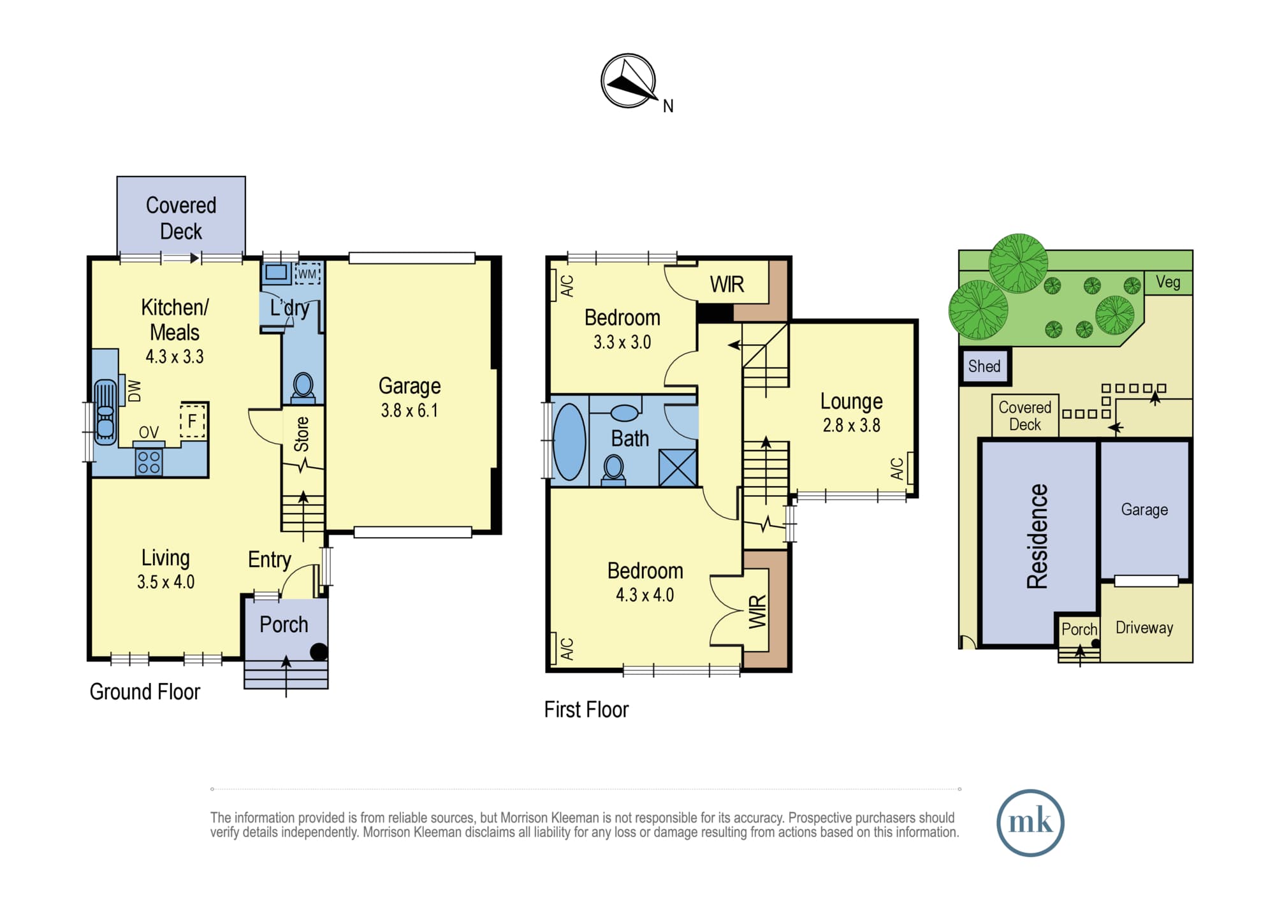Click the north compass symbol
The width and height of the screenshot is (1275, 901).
pos(629,81)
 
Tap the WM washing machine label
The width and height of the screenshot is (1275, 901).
pos(307,274)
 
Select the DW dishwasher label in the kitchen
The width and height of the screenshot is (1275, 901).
pos(135,391)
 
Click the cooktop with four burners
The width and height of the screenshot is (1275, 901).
pos(149,463)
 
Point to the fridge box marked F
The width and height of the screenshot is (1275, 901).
pos(193,421)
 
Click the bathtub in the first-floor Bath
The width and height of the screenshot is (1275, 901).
pos(569,442)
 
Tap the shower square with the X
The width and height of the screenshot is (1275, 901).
pos(678,468)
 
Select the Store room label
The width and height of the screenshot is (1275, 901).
pos(302,435)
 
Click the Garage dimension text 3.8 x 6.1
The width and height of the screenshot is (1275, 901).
pos(409,410)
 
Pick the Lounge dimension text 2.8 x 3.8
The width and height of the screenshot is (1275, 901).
pos(851,425)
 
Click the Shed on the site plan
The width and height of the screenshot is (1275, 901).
pos(985,366)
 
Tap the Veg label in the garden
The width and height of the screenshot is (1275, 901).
pos(1168,282)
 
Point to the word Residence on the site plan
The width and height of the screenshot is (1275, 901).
pos(1037,536)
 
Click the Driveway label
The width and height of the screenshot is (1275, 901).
pos(1144,628)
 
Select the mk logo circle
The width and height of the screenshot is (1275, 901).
pos(1030,823)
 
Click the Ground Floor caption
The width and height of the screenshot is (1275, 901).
pos(145,691)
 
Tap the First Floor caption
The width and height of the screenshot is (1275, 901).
pos(586,709)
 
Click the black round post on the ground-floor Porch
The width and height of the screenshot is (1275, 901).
pos(319,651)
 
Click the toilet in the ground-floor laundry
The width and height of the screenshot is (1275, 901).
pos(303,387)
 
